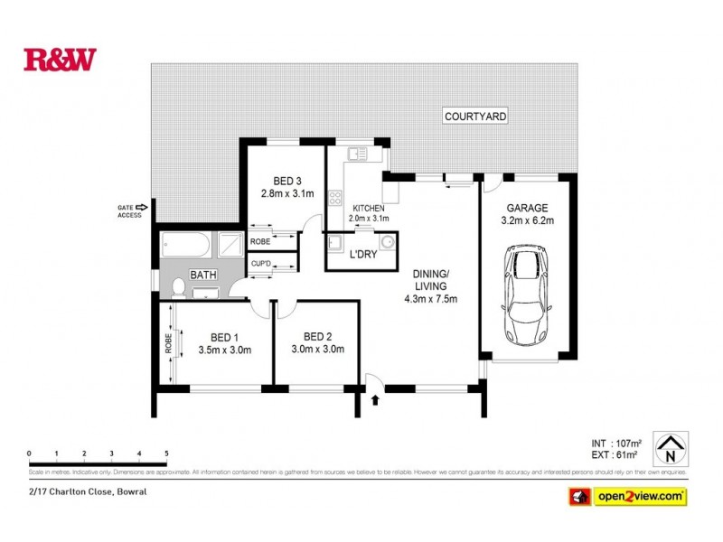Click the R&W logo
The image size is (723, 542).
tap(60, 60)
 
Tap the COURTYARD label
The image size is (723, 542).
tap(474, 117)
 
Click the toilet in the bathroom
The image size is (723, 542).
tap(179, 286)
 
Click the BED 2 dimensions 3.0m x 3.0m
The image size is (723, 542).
tap(318, 350)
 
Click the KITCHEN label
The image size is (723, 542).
tap(369, 208)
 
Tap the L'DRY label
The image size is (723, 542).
tap(362, 256)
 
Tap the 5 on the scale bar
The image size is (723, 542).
tap(166, 453)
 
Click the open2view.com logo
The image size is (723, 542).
tap(627, 497)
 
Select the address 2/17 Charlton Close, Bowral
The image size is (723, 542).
tap(86, 492)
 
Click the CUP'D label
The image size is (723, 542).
tap(262, 264)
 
